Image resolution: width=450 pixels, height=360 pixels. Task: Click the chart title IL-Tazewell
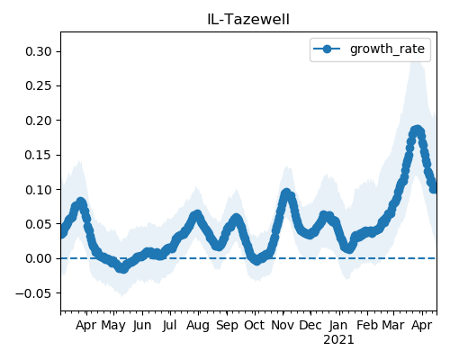(248, 20)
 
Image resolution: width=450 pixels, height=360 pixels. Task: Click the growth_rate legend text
(387, 49)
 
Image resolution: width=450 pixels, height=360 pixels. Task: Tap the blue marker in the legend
(327, 49)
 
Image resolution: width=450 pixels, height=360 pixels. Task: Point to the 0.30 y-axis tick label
(39, 51)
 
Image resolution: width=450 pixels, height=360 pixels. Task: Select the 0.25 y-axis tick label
(39, 86)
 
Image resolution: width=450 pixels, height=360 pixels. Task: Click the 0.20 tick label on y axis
(39, 121)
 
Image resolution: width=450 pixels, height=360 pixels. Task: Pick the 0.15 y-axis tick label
(39, 155)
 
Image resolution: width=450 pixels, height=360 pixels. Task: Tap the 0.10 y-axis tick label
(39, 190)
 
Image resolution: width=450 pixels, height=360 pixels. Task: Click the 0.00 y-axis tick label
(39, 258)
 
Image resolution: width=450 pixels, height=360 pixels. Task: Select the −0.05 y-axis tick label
(34, 293)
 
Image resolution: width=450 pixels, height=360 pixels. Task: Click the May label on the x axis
(113, 326)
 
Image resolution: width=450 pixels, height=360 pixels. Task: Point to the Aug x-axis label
(198, 326)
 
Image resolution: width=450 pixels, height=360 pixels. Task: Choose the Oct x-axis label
(255, 325)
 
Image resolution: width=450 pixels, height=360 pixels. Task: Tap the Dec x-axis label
(310, 325)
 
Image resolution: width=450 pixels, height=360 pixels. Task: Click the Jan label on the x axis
(338, 325)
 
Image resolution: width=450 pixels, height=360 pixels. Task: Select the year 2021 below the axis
(338, 340)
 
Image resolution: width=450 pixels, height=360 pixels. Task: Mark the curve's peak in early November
(286, 193)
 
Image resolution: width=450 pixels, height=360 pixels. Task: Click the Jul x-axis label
(170, 326)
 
